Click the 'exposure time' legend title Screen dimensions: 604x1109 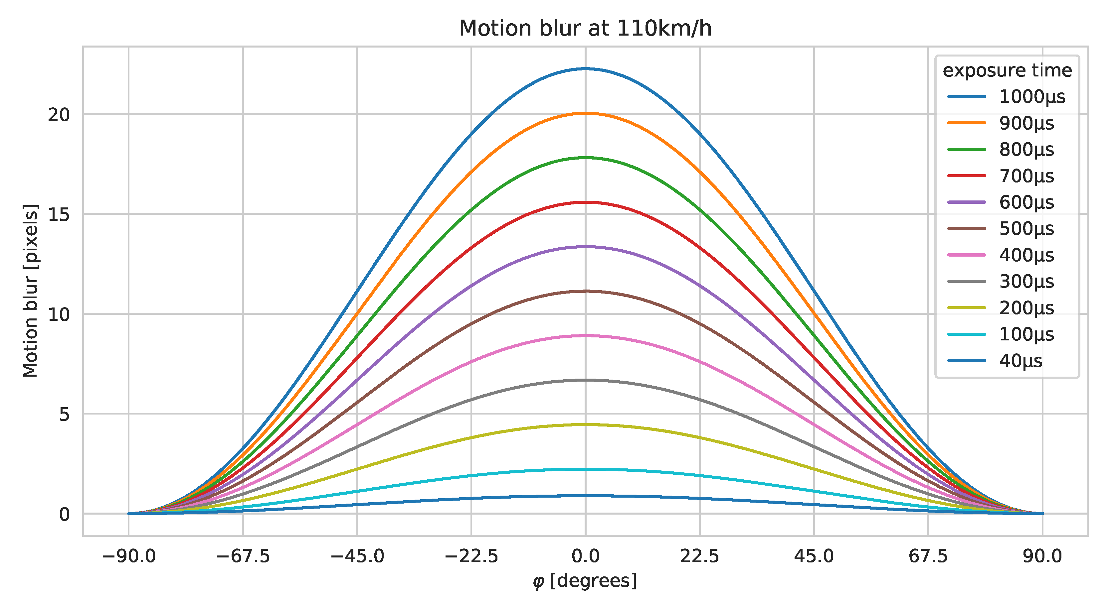click(1007, 70)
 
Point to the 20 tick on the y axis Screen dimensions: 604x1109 click(59, 115)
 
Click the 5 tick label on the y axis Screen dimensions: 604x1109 click(65, 414)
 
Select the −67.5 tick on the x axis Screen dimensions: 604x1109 click(243, 557)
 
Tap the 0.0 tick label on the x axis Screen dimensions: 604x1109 click(585, 557)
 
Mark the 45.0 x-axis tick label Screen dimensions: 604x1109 click(814, 557)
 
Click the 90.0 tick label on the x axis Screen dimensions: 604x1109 click(1042, 557)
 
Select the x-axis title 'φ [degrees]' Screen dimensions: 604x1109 click(584, 581)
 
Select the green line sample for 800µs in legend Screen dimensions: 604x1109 click(967, 150)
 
